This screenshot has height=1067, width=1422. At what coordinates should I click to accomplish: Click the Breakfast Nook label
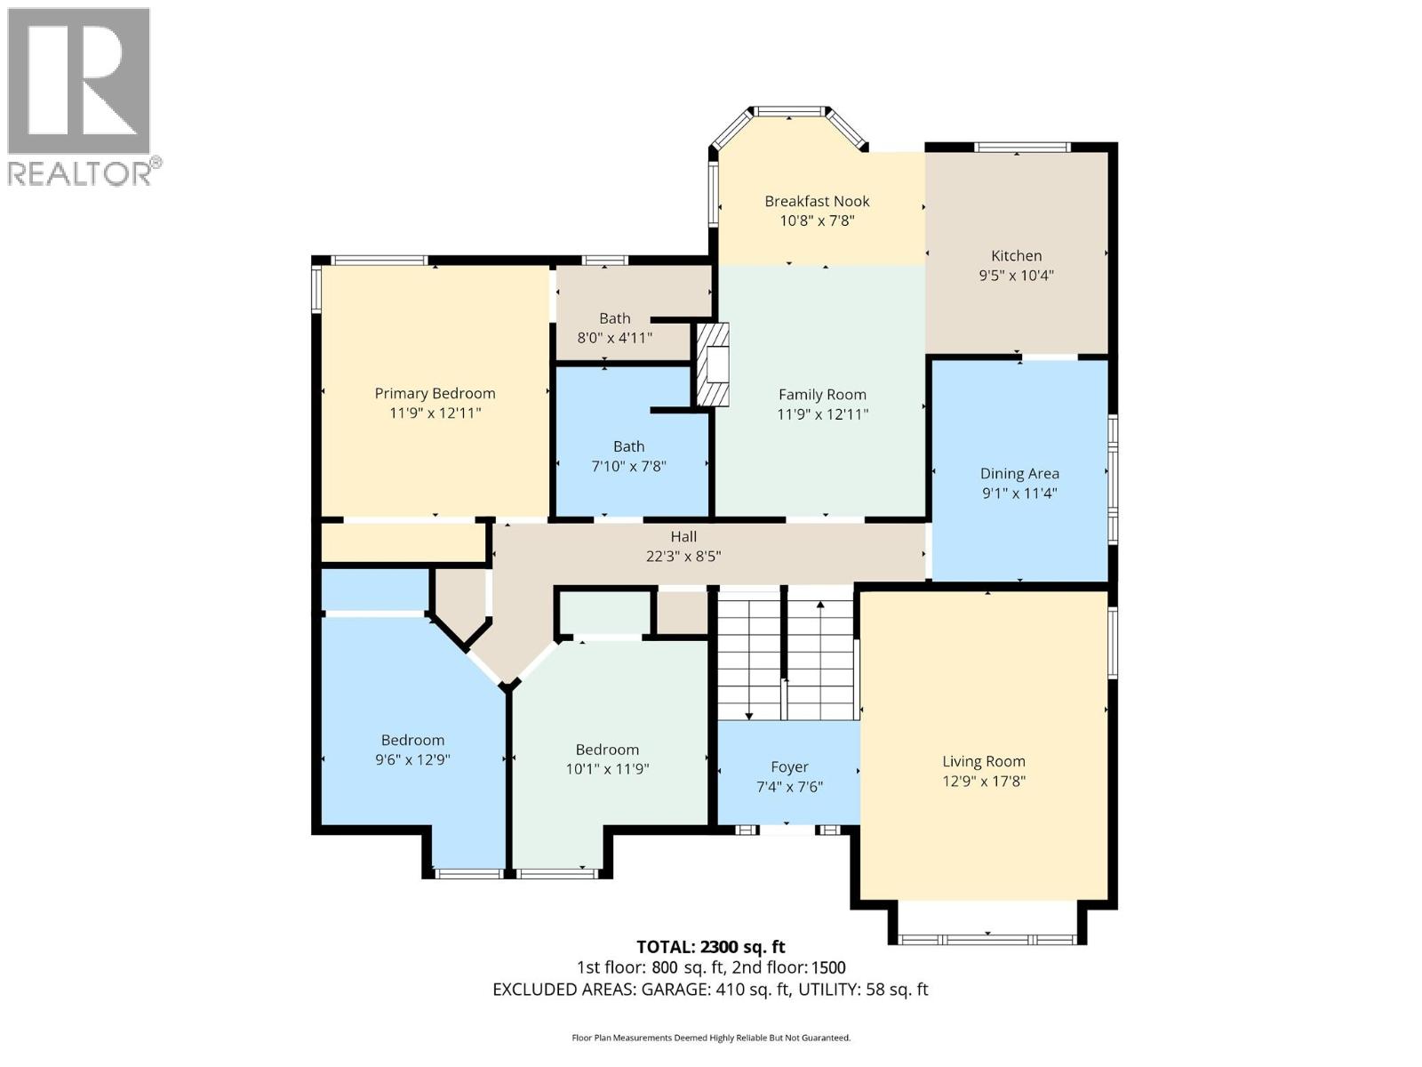pos(817,201)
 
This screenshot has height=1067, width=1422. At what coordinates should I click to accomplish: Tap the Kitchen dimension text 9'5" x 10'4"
pos(1016,276)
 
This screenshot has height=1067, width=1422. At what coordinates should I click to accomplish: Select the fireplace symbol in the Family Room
pos(713,365)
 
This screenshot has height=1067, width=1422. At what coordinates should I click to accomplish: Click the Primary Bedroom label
pos(435,393)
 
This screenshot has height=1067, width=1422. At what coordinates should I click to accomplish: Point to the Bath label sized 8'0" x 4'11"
pos(614,318)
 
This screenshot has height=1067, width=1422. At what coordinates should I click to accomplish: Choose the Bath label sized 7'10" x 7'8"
pos(628,446)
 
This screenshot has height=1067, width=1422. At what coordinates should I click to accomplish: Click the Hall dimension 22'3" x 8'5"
pos(683,557)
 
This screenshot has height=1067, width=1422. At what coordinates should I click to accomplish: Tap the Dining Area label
pos(1019,474)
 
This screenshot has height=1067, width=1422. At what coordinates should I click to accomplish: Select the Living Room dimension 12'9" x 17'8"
pos(983,782)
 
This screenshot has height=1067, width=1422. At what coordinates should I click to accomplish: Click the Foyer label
pos(789,766)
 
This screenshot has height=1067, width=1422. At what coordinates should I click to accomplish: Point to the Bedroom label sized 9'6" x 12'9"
pos(412,740)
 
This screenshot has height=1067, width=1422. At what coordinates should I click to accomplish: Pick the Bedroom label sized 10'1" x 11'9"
pos(607,750)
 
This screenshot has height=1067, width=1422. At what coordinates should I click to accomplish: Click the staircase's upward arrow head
pos(820,605)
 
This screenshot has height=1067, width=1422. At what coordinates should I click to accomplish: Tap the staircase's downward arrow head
pos(749,715)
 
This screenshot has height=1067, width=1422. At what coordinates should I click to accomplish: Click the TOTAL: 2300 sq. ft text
pos(710,947)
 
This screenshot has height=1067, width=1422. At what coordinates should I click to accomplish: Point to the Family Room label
pos(822,394)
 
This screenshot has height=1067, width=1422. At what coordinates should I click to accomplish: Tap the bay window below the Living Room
pos(987,938)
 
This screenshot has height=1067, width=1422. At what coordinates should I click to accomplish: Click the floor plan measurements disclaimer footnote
pos(710,1038)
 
